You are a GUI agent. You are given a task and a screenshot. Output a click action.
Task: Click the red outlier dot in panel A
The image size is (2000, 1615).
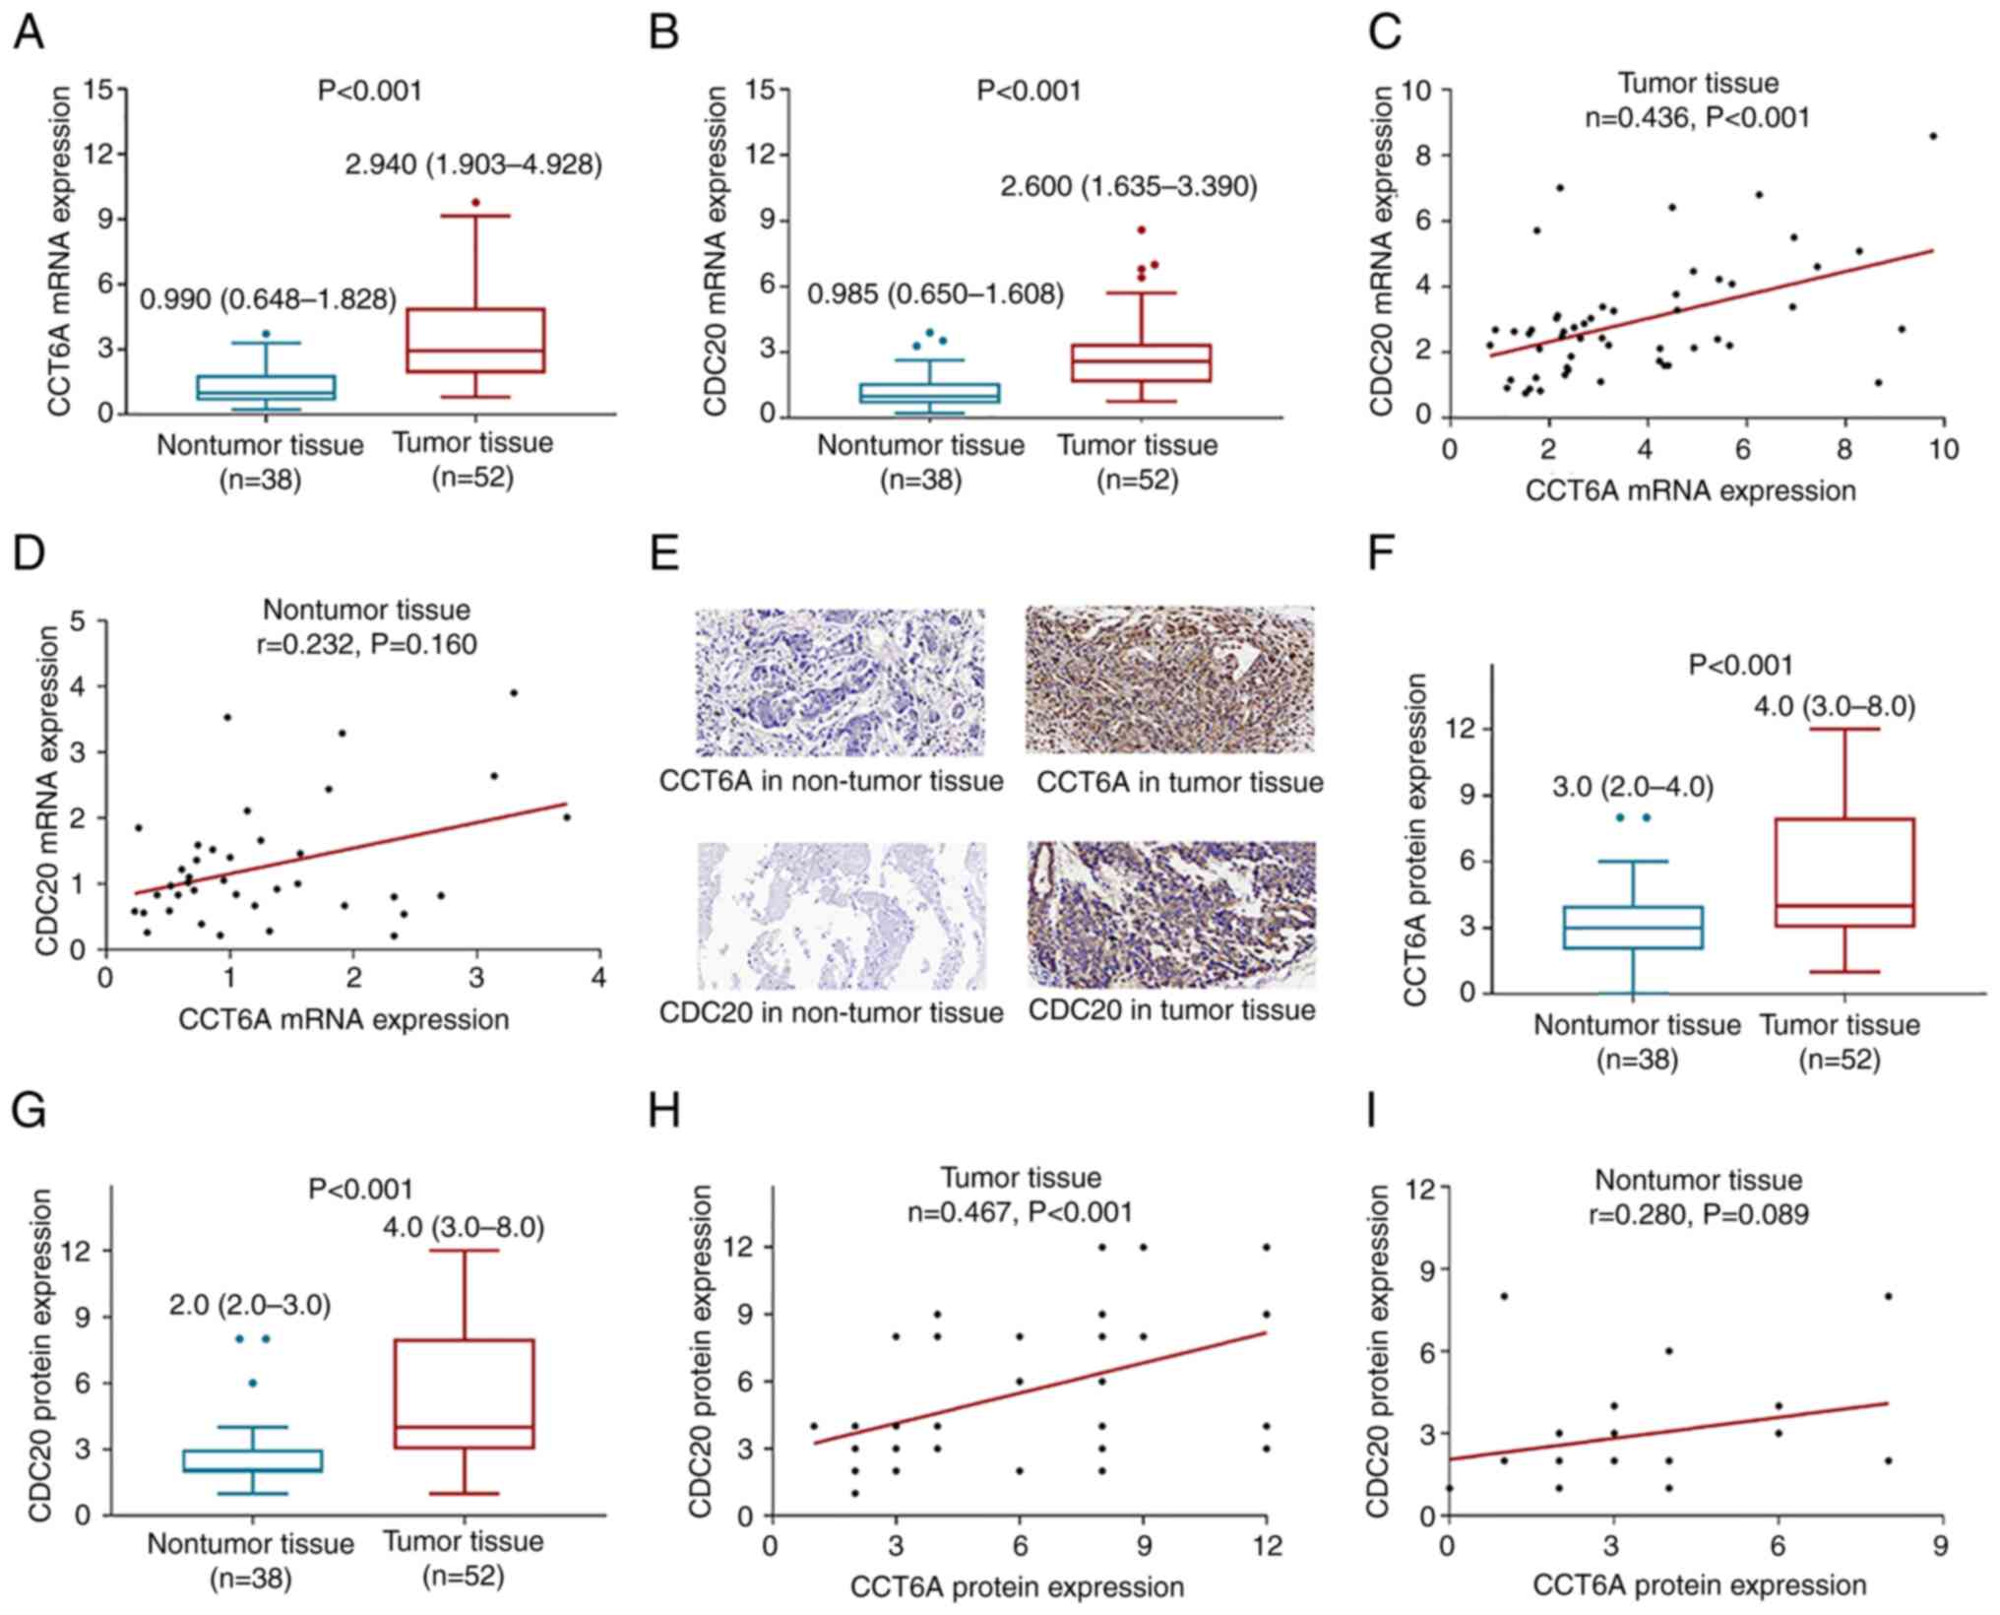475,202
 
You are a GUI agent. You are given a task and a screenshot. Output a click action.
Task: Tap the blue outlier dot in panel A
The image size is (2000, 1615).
266,334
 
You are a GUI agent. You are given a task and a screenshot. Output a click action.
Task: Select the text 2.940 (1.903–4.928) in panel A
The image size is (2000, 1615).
472,164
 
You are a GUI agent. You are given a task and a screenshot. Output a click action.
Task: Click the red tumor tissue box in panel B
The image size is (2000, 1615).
1142,362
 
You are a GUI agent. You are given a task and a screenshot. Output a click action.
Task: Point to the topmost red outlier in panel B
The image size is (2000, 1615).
1142,229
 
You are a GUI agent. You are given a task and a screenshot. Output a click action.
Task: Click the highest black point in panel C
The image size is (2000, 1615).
1933,136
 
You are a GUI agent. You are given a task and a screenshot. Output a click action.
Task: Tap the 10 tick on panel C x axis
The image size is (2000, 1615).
1943,450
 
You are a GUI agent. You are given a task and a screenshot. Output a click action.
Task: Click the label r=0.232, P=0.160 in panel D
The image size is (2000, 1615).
366,644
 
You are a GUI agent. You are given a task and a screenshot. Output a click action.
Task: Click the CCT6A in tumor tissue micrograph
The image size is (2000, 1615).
1169,679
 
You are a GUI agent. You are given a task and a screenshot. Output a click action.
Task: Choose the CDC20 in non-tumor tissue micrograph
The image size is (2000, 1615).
842,915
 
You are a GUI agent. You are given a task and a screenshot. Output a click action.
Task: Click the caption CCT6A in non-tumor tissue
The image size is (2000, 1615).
831,782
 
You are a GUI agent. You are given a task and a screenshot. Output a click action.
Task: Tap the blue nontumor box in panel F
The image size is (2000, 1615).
1634,927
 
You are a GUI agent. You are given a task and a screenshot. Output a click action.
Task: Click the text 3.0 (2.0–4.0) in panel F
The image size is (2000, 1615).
1633,787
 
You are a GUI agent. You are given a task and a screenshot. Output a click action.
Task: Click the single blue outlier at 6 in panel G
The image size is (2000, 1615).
253,1383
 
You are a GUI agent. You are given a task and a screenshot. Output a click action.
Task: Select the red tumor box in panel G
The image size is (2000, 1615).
463,1393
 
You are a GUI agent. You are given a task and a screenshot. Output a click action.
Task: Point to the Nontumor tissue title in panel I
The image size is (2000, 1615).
1698,1180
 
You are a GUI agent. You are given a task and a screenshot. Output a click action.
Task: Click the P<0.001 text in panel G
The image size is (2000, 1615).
360,1190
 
